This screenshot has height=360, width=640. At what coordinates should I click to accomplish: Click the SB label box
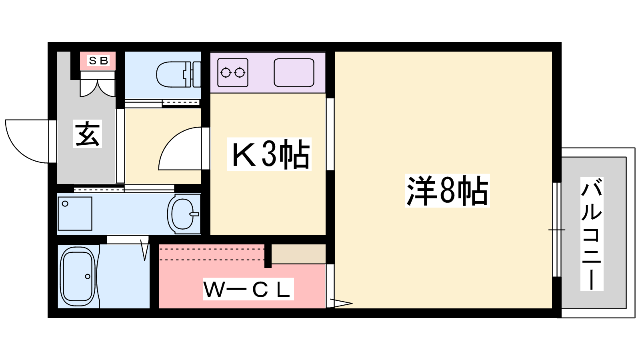tap(98, 61)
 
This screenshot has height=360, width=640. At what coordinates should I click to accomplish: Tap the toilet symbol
tap(176, 74)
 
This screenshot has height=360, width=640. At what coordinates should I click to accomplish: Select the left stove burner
tap(226, 72)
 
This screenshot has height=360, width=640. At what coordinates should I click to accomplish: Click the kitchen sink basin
tap(294, 72)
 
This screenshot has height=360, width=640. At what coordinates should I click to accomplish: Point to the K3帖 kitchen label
tap(269, 154)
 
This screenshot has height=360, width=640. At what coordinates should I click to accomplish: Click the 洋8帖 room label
tap(447, 191)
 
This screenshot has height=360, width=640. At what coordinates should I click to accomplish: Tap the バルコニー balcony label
tap(592, 234)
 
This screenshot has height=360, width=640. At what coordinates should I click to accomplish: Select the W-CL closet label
tap(248, 289)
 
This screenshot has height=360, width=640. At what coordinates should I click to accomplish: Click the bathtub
tap(78, 276)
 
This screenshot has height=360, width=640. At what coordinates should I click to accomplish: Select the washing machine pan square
tap(75, 213)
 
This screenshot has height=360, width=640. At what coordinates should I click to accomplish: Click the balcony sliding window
tap(556, 230)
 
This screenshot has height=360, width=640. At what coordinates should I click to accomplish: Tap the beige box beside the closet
tap(298, 254)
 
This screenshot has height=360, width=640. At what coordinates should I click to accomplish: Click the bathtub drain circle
tap(88, 276)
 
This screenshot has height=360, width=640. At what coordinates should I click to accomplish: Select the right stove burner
tap(240, 72)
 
